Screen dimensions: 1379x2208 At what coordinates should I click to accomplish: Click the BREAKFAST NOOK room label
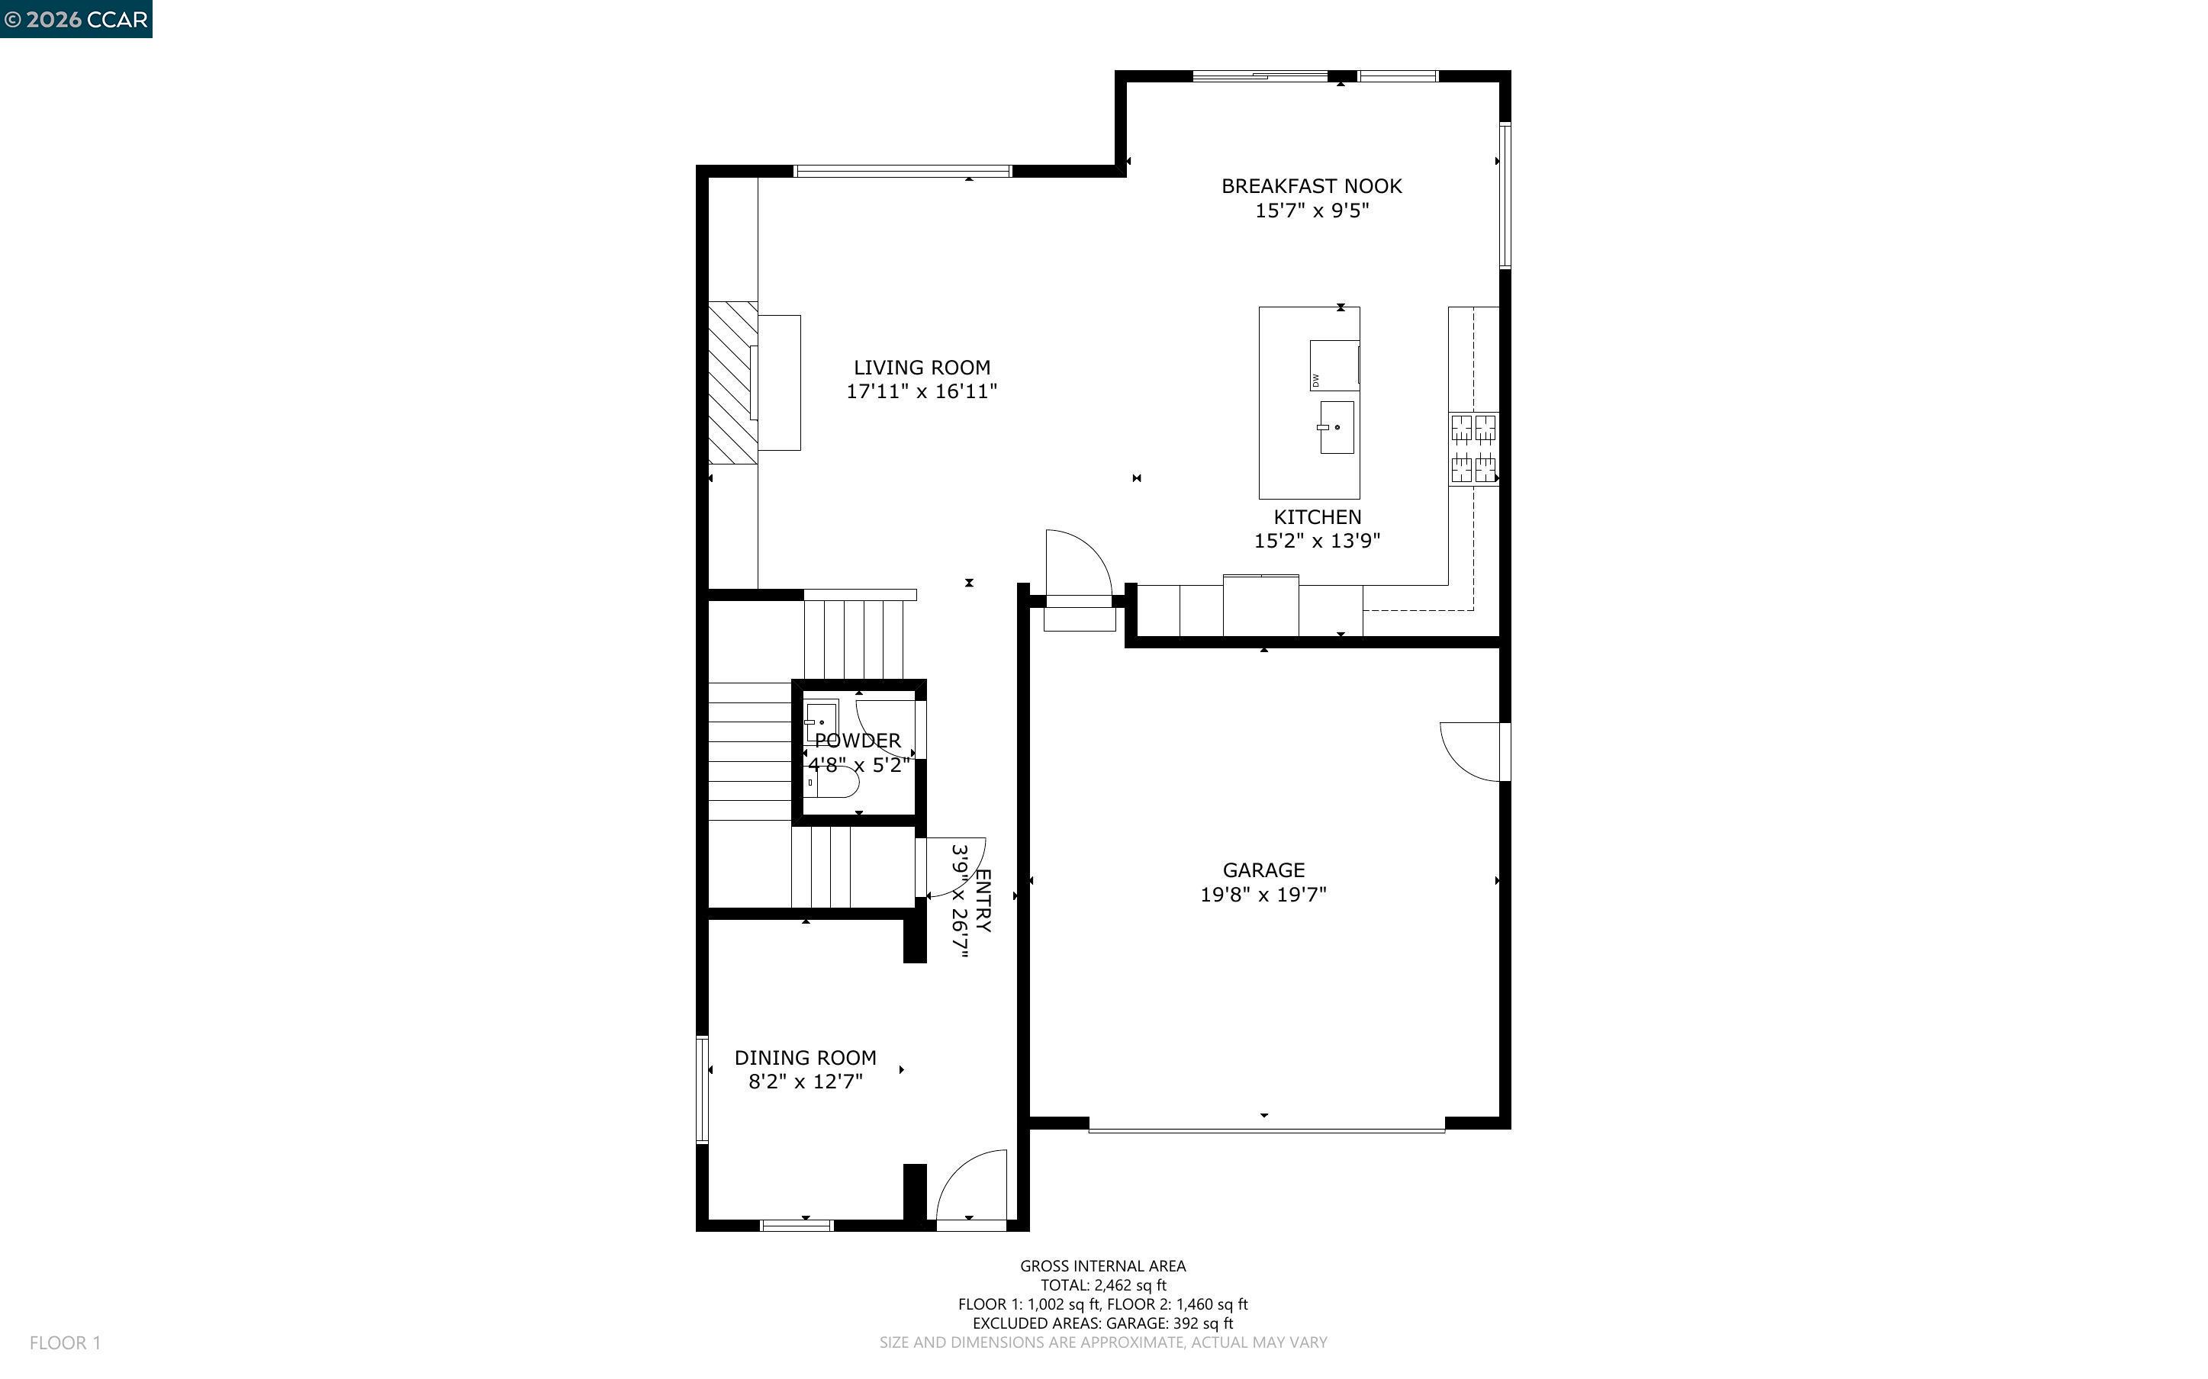coord(1311,186)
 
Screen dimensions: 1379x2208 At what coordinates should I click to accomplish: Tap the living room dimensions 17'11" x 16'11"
coord(921,391)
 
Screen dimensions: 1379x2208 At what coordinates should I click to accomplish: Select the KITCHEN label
coord(1317,516)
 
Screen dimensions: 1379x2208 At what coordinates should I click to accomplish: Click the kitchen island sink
coord(1337,427)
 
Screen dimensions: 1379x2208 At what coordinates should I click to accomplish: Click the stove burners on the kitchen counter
coord(1473,448)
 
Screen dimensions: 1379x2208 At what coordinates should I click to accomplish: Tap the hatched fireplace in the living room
coord(732,382)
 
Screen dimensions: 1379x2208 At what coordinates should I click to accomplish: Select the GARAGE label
coord(1263,870)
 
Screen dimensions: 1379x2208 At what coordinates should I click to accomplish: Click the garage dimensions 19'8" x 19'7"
coord(1263,895)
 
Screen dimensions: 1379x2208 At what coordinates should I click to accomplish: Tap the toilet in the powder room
coord(835,783)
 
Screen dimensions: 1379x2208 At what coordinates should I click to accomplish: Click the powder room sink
coord(821,721)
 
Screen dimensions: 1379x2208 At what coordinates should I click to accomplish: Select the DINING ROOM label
coord(806,1058)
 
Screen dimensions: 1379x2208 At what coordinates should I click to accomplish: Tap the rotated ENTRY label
coord(982,900)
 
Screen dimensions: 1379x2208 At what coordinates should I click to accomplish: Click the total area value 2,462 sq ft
coord(1130,1285)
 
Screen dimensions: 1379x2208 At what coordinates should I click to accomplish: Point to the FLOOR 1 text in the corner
coord(65,1342)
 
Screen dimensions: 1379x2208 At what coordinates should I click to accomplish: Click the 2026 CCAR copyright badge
coord(76,19)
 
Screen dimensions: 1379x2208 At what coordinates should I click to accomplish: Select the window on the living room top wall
coord(902,171)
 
